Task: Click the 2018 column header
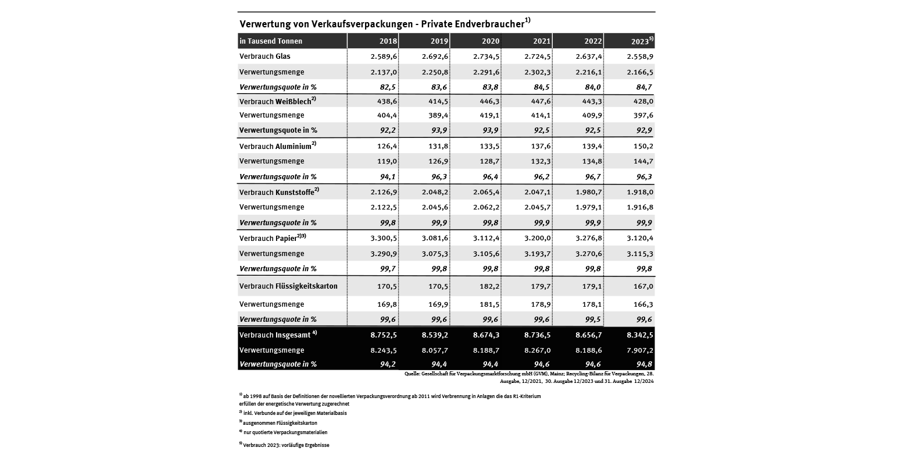click(x=388, y=41)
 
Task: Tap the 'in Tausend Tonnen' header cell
click(x=271, y=41)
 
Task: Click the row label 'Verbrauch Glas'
click(x=265, y=56)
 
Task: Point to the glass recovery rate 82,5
click(x=387, y=87)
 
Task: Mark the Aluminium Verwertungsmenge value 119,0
click(x=387, y=161)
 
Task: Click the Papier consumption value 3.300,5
click(x=384, y=238)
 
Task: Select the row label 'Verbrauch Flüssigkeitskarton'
click(x=288, y=286)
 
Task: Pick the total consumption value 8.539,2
click(x=435, y=335)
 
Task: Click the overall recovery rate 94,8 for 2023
click(x=643, y=364)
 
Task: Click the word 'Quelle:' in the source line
click(x=413, y=374)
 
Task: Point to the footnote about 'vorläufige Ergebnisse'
click(x=285, y=445)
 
